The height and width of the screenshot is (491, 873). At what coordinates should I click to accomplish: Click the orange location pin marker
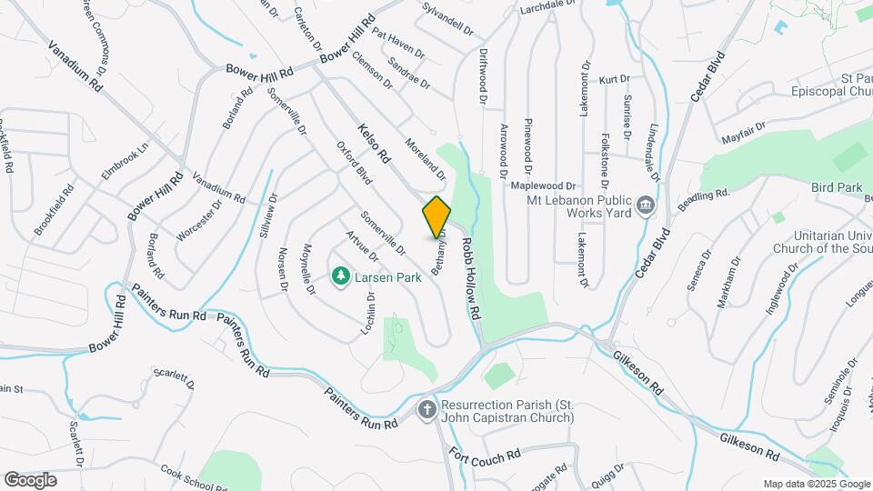click(x=436, y=216)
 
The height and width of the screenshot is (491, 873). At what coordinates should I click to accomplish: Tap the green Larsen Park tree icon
click(x=341, y=275)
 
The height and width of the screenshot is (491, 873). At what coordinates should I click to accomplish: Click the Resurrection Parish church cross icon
click(x=426, y=410)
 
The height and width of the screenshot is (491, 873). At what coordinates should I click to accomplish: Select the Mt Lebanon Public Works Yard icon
click(x=646, y=205)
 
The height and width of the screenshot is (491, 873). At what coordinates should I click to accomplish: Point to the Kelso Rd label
click(x=374, y=144)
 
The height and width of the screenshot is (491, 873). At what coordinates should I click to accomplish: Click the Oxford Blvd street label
click(x=355, y=165)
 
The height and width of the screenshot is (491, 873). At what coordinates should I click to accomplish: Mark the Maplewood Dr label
click(x=544, y=185)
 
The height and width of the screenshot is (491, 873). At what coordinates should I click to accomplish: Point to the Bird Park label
click(x=836, y=187)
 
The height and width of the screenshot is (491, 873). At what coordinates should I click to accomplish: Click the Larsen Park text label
click(x=387, y=276)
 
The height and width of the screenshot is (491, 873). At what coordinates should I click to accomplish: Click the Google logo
click(x=31, y=479)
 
